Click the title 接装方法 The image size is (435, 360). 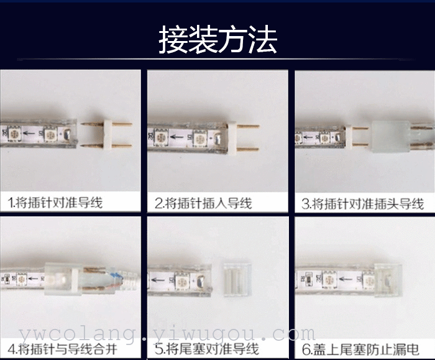(217, 39)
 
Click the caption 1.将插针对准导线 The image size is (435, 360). (55, 202)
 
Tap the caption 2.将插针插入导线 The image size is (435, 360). (203, 203)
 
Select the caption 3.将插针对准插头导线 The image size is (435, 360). (363, 204)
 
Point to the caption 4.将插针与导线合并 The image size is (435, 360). (63, 349)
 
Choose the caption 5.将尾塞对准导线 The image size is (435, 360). (207, 349)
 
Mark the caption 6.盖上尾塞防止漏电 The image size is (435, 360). (360, 349)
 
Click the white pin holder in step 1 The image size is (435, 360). (108, 134)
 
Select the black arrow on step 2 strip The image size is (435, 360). (179, 137)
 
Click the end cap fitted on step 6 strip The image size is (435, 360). (388, 279)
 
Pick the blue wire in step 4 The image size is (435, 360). (117, 275)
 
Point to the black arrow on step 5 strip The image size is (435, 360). (158, 279)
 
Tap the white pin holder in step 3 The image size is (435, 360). (348, 137)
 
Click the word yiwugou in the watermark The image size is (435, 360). (204, 333)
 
